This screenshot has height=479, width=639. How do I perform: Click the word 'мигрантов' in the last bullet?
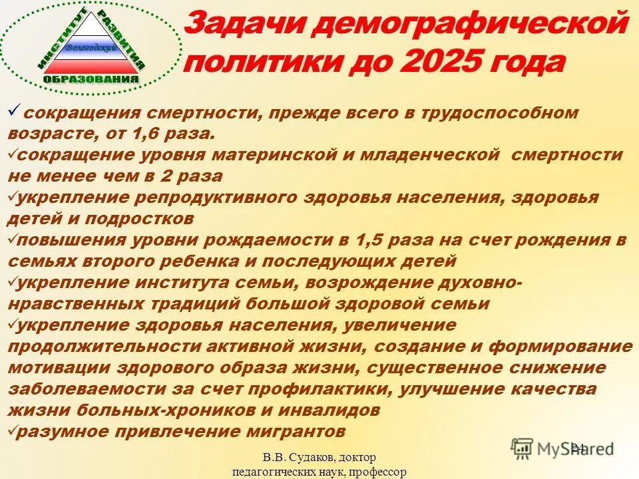point(282,432)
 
